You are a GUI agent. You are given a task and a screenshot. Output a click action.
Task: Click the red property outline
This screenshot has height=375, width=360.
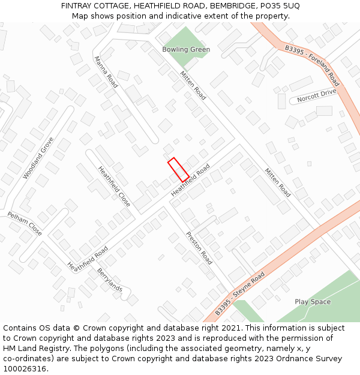click(x=178, y=170)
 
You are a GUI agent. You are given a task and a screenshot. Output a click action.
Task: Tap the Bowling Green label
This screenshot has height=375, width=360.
click(x=186, y=49)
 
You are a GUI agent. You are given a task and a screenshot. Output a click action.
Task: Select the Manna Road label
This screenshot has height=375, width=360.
click(x=106, y=73)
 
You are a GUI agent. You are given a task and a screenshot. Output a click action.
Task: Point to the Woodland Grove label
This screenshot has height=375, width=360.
click(x=38, y=158)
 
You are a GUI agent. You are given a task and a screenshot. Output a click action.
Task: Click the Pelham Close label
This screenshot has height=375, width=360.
click(x=25, y=223)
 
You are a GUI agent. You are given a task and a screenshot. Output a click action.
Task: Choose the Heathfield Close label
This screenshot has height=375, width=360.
click(x=114, y=187)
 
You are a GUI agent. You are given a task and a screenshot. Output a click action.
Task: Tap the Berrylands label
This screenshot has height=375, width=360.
click(x=110, y=280)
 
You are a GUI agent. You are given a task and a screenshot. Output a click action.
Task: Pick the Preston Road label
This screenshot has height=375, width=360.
click(x=199, y=248)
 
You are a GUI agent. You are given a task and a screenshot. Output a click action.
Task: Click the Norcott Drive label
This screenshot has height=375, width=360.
click(x=317, y=93)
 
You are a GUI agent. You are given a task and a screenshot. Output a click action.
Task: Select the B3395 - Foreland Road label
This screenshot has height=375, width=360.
click(x=312, y=65)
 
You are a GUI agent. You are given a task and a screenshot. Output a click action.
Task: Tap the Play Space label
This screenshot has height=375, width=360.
click(x=313, y=302)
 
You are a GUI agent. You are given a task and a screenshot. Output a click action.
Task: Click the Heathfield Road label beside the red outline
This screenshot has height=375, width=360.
click(x=191, y=179)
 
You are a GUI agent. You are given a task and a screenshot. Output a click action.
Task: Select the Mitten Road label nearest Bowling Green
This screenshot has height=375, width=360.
click(x=193, y=85)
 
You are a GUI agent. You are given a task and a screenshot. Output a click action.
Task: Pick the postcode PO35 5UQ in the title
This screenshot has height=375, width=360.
click(x=280, y=5)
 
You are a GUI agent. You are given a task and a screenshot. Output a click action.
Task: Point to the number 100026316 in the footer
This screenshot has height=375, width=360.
click(x=25, y=368)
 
